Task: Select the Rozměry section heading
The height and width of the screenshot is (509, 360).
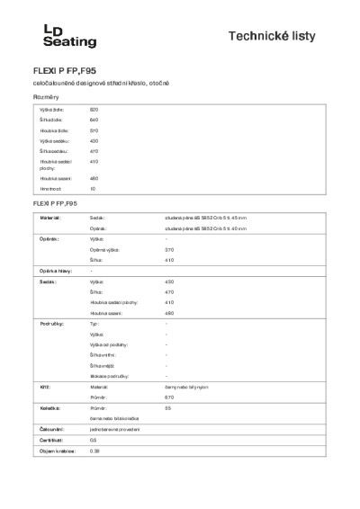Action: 46,95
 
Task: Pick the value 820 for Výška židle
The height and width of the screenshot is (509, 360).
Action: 94,109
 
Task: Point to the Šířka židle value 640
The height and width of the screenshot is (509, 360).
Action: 94,120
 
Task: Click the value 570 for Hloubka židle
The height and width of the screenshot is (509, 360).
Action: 94,130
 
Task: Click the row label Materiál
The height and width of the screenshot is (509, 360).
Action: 49,218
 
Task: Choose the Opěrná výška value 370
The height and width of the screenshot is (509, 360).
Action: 169,249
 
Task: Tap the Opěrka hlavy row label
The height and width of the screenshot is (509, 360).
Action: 54,271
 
